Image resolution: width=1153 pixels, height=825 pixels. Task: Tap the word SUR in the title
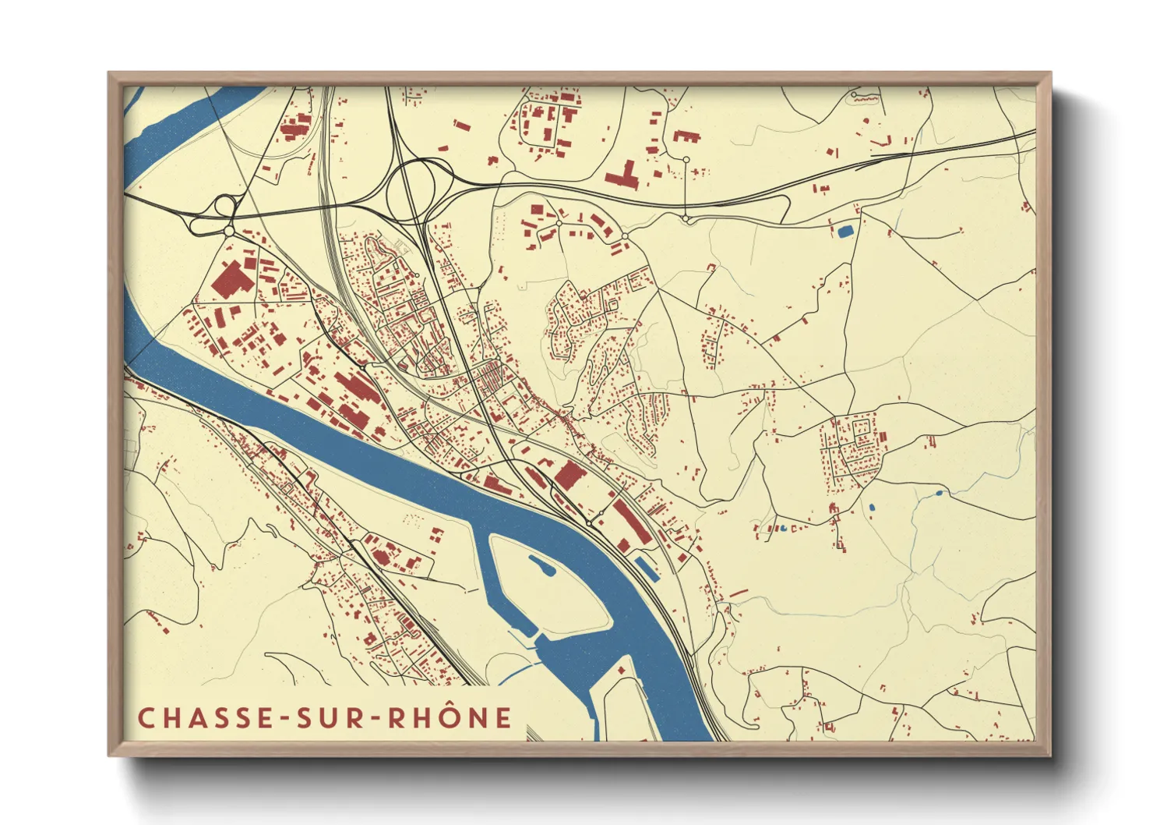333,718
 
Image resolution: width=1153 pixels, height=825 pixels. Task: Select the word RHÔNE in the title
450,718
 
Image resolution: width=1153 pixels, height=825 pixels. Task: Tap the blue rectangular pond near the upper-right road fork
844,231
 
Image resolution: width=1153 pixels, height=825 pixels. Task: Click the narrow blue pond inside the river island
542,565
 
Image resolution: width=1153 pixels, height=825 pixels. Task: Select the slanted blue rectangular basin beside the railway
647,568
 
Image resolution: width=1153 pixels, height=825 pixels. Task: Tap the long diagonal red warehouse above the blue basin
632,521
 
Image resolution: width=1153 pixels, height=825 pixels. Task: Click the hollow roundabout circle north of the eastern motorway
686,160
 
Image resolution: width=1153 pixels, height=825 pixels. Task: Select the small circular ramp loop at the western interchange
225,206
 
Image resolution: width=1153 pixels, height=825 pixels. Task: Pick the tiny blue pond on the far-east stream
938,494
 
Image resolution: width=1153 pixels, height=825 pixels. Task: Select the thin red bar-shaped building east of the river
739,594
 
